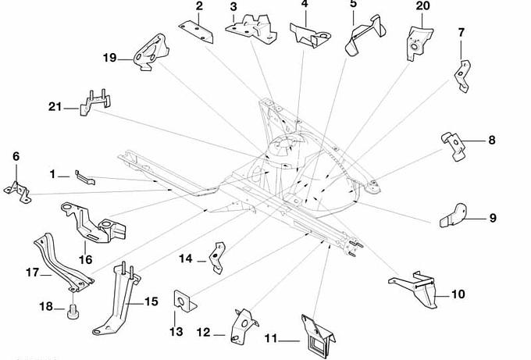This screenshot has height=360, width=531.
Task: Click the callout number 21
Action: (x=54, y=107)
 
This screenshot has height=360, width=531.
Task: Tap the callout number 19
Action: (x=109, y=57)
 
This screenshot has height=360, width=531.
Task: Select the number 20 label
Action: (x=422, y=5)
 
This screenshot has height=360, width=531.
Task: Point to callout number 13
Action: (x=176, y=332)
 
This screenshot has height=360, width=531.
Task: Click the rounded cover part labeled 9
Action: (x=452, y=215)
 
